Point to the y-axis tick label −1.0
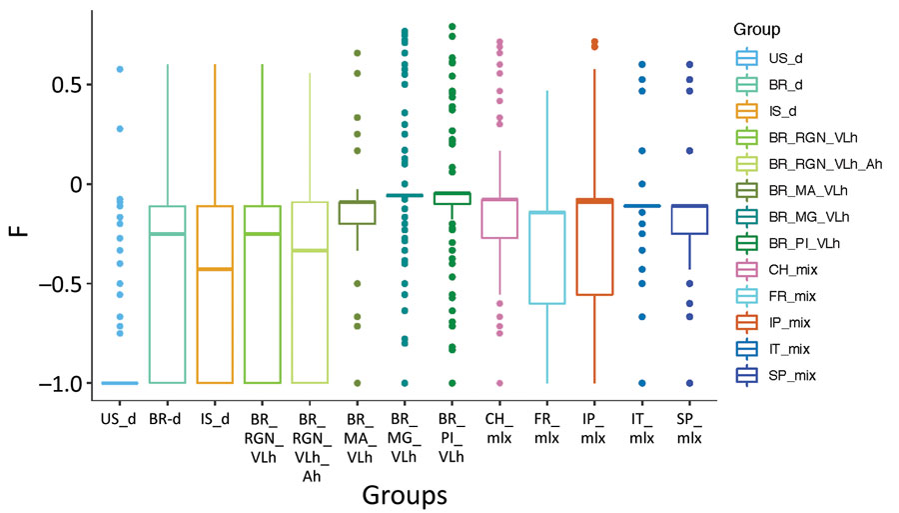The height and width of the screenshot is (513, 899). (x=60, y=383)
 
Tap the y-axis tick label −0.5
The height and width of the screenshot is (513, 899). (x=60, y=284)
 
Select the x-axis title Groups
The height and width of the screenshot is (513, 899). (x=405, y=495)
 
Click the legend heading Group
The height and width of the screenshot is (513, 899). (x=757, y=29)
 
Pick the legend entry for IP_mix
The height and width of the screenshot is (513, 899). (x=773, y=322)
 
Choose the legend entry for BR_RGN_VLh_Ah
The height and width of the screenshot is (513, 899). (x=809, y=164)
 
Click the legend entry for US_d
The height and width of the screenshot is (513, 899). (x=769, y=59)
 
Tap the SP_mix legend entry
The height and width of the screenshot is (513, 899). (x=775, y=375)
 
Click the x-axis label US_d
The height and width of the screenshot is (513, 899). (x=118, y=419)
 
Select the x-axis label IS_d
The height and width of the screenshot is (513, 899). (x=215, y=419)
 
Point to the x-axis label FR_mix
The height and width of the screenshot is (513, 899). (x=546, y=429)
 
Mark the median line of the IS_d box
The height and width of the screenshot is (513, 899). (x=215, y=269)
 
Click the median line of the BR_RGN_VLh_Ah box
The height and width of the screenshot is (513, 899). (x=310, y=250)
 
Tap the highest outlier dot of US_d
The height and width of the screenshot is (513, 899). (x=120, y=69)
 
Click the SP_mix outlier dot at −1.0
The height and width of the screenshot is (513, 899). (x=689, y=383)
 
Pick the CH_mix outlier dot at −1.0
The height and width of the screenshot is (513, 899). (x=500, y=383)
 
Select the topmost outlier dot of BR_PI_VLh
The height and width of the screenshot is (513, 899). (x=452, y=26)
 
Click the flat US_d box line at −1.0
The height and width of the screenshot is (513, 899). (x=120, y=383)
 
